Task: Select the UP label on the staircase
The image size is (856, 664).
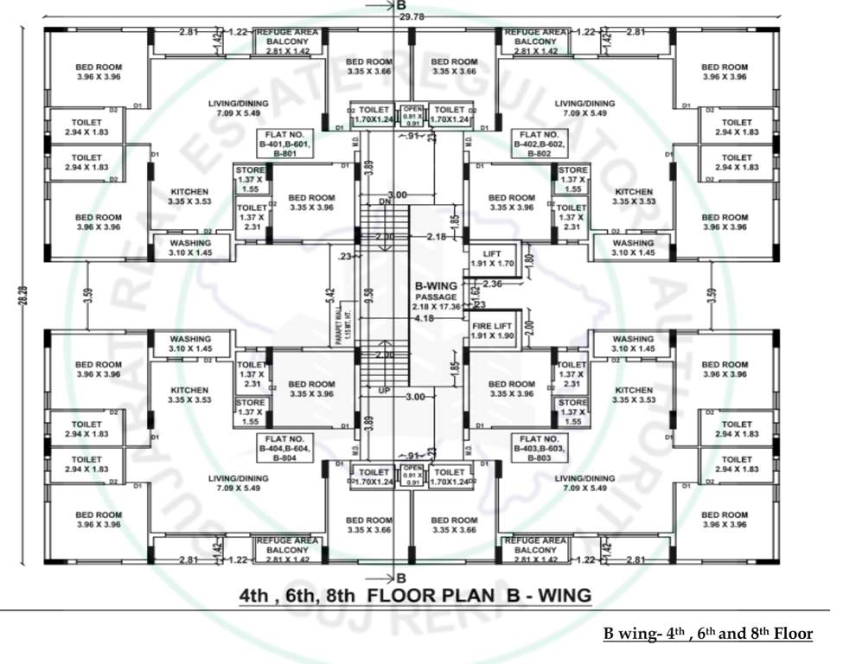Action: [x=385, y=390]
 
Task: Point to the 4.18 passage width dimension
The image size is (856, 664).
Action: [x=423, y=318]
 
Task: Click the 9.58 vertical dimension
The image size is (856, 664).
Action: [x=369, y=297]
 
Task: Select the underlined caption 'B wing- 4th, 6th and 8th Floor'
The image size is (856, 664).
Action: [x=708, y=634]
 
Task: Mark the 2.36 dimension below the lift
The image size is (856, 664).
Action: [x=492, y=284]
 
